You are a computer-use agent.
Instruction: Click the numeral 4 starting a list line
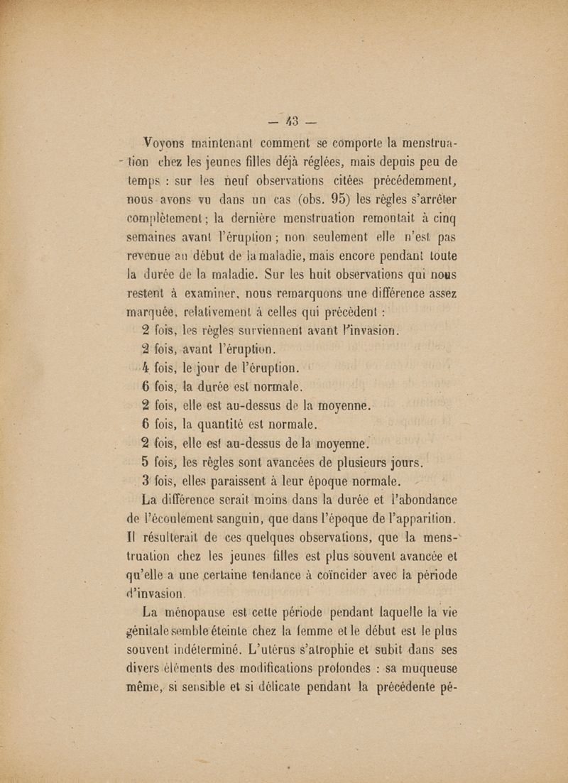click(x=145, y=367)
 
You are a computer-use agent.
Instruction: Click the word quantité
click(x=229, y=425)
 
